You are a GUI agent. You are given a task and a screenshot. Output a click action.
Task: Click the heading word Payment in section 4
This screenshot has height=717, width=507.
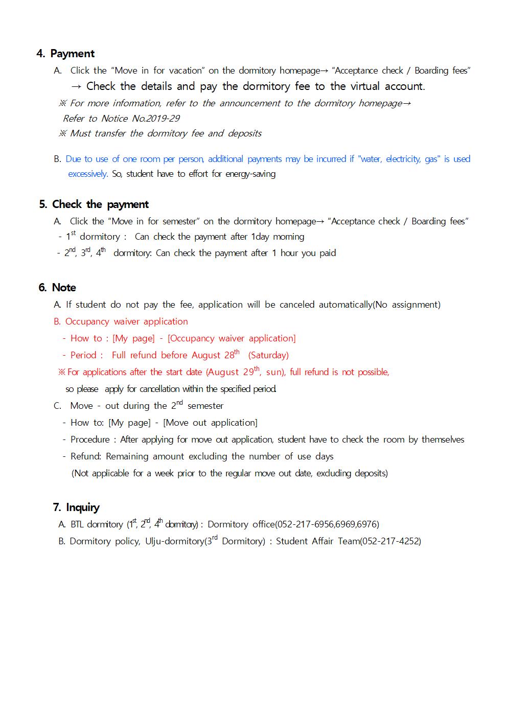(x=72, y=54)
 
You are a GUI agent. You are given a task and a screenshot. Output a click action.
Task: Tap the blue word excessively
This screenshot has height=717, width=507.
(x=87, y=174)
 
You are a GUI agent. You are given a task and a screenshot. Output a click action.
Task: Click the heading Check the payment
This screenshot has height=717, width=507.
(x=100, y=204)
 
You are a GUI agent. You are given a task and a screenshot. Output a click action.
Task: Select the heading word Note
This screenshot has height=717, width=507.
(x=64, y=288)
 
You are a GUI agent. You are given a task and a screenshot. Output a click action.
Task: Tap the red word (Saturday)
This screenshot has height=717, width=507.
(x=268, y=355)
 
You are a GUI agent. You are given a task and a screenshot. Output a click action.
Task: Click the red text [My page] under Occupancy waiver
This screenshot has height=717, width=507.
(x=133, y=338)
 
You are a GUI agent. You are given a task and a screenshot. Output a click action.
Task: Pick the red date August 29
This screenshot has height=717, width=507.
(x=232, y=372)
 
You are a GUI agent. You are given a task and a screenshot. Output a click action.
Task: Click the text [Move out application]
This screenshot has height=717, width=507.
(x=210, y=423)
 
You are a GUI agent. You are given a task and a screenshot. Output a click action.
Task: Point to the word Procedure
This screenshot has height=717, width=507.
(x=90, y=440)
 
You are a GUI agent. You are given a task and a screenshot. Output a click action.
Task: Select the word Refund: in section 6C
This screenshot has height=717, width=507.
(x=86, y=456)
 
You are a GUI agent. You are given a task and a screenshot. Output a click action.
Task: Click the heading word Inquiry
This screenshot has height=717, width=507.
(x=82, y=507)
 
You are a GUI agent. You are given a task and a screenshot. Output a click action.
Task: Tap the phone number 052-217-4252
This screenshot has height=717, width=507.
(x=390, y=541)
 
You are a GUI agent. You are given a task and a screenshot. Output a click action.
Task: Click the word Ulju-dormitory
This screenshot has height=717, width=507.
(x=174, y=541)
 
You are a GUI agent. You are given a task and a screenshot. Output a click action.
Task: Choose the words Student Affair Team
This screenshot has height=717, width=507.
(x=317, y=541)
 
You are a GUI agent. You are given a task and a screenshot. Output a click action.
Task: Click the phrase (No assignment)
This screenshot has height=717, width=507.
(x=406, y=305)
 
